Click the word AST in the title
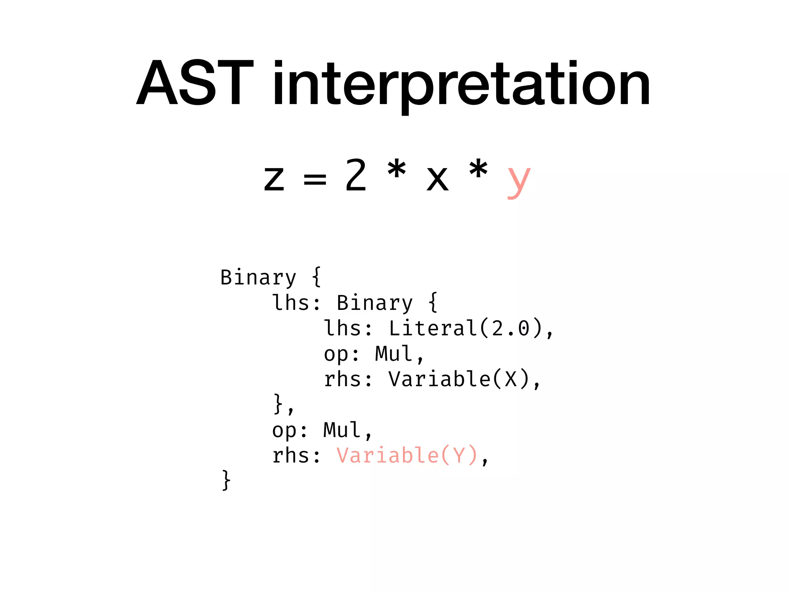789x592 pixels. pos(195,83)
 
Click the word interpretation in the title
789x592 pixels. pos(461,85)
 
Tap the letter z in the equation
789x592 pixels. pos(274,178)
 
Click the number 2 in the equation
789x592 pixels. pos(355,175)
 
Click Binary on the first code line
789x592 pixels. pos(258,277)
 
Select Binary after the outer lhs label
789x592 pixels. pos(374,303)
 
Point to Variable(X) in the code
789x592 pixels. pos(459,379)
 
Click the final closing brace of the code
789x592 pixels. pos(226,480)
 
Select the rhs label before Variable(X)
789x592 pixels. pos(342,379)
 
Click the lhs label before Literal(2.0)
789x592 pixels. pos(342,328)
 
